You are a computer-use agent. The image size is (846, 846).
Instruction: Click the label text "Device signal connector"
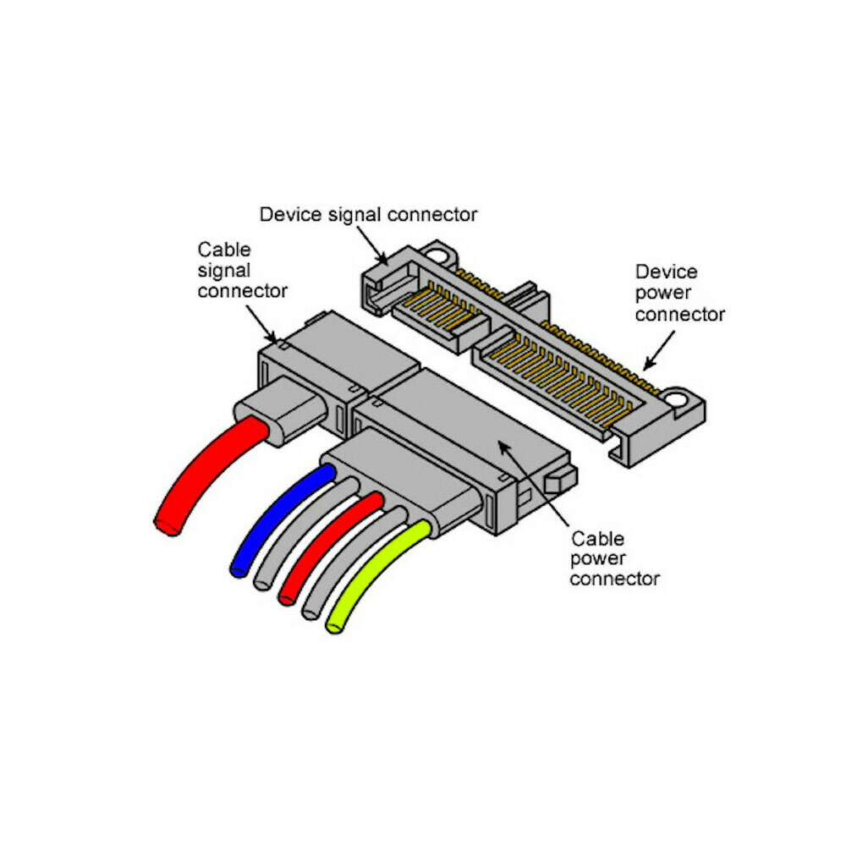click(x=368, y=214)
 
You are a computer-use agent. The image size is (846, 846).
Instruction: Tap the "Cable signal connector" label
click(x=241, y=270)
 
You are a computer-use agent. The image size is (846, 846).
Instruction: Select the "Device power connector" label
click(x=679, y=293)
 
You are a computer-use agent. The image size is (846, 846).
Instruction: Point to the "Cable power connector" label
click(x=615, y=558)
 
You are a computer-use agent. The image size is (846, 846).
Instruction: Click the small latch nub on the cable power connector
click(x=558, y=483)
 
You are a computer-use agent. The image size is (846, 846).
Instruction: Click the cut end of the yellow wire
click(x=335, y=627)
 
